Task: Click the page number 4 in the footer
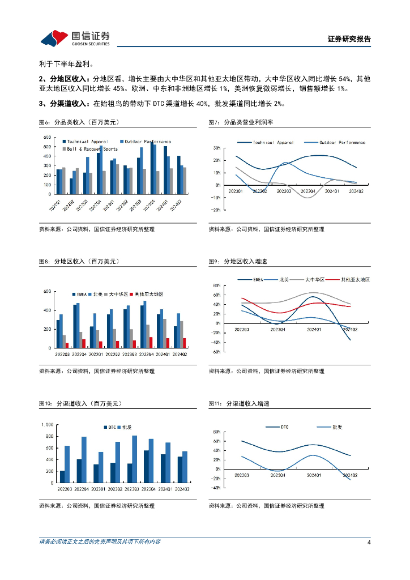click(x=369, y=542)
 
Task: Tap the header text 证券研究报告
click(x=349, y=39)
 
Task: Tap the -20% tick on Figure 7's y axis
click(x=216, y=210)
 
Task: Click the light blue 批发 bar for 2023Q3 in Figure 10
click(x=134, y=451)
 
